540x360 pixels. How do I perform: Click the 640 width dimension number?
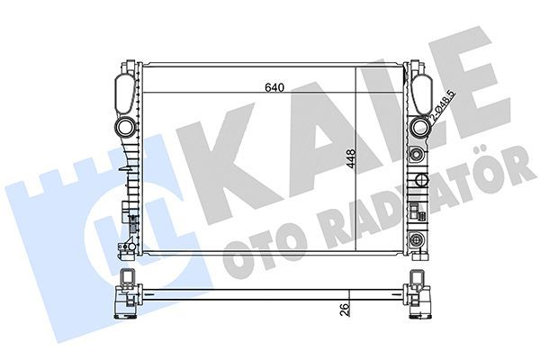(274, 87)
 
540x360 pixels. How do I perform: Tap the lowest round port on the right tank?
(417, 240)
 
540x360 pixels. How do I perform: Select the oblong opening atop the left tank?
(124, 90)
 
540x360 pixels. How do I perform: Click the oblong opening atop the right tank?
(419, 91)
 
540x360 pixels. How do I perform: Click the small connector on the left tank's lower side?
(125, 214)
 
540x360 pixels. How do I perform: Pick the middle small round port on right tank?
(417, 155)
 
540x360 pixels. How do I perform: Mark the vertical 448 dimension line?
(361, 162)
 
